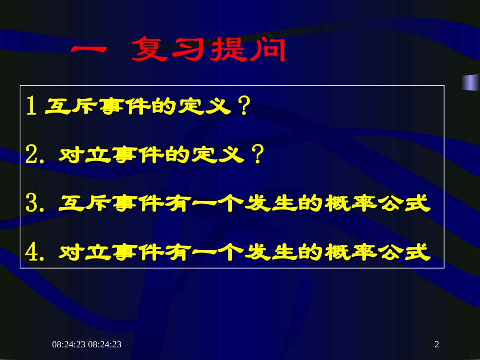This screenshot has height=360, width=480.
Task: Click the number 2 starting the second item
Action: (x=32, y=156)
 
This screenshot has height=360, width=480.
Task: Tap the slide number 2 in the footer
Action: (x=437, y=344)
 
